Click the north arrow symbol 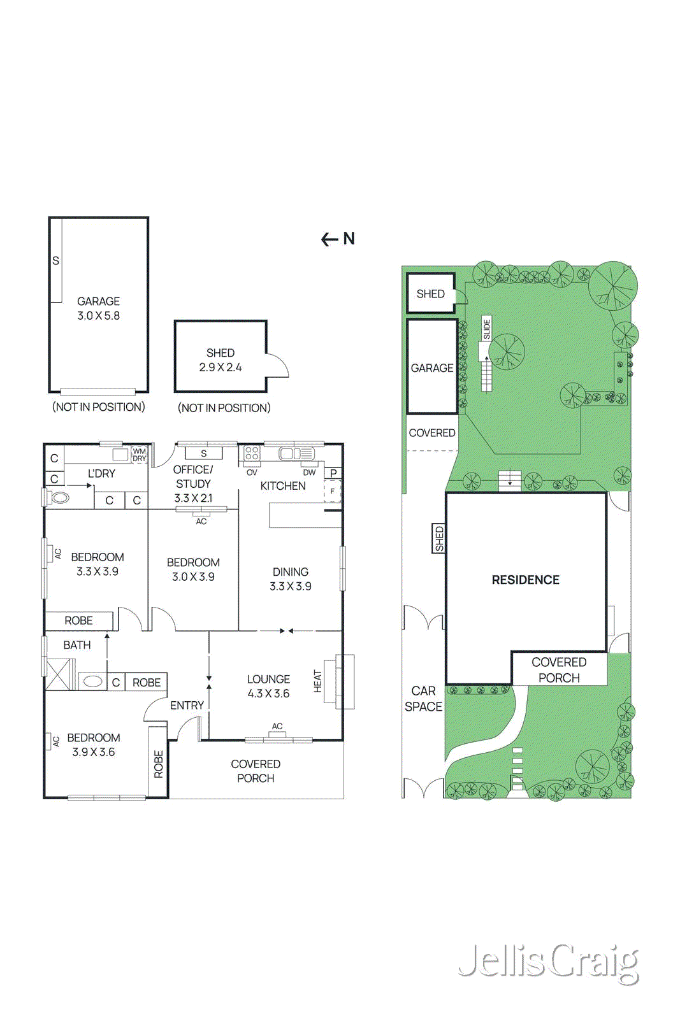(x=338, y=239)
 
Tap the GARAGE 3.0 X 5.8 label (x=98, y=308)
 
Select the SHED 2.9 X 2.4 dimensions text (x=220, y=367)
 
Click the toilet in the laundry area (x=60, y=497)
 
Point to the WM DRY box (x=139, y=455)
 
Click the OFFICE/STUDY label (x=193, y=476)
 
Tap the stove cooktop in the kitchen (x=252, y=453)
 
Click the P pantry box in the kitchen (x=333, y=473)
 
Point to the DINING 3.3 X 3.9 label (x=290, y=579)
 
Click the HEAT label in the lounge (x=317, y=681)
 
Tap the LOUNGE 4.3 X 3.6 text (x=268, y=687)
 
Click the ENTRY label (x=187, y=706)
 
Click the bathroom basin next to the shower (x=93, y=681)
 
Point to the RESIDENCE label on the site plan (x=525, y=580)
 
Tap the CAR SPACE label (x=423, y=699)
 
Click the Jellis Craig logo (x=548, y=962)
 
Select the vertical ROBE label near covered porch (x=159, y=764)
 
